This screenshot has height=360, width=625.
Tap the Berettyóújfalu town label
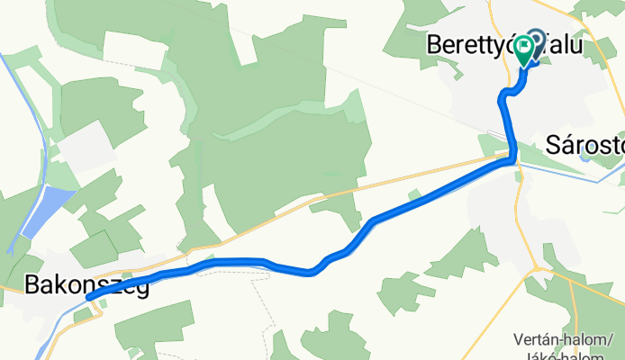point(503,45)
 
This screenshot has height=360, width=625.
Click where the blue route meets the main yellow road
point(512,160)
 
